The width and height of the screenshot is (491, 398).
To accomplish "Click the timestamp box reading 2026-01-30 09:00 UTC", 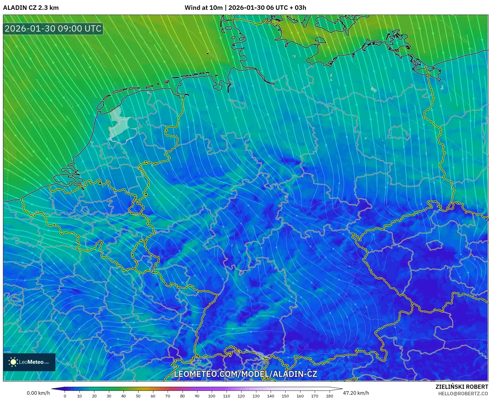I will (53, 29).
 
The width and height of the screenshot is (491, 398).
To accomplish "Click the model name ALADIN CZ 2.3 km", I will (31, 8).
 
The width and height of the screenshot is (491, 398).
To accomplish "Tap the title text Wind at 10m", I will (203, 8).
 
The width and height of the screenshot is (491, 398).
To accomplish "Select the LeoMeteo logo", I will (29, 362).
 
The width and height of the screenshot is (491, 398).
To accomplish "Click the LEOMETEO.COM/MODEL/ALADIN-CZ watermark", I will (245, 374).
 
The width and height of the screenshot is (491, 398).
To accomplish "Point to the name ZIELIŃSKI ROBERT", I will (462, 387).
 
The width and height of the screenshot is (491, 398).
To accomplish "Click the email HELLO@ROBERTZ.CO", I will (463, 394).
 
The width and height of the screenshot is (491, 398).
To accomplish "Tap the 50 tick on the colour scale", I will (138, 396).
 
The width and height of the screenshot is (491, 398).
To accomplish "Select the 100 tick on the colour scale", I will (211, 396).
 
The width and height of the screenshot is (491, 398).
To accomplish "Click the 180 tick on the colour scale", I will (329, 396).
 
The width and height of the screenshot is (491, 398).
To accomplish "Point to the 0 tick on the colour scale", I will (65, 396).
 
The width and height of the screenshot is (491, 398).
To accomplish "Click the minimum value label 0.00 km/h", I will (38, 393).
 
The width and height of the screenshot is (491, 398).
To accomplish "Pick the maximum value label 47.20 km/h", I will (356, 393).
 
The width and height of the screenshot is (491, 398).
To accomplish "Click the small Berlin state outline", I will (399, 133).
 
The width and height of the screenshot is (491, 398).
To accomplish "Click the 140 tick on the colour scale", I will (270, 396).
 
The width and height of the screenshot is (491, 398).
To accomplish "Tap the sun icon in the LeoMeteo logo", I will (13, 362).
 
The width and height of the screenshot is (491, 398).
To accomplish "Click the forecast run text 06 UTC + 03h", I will (286, 8).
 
